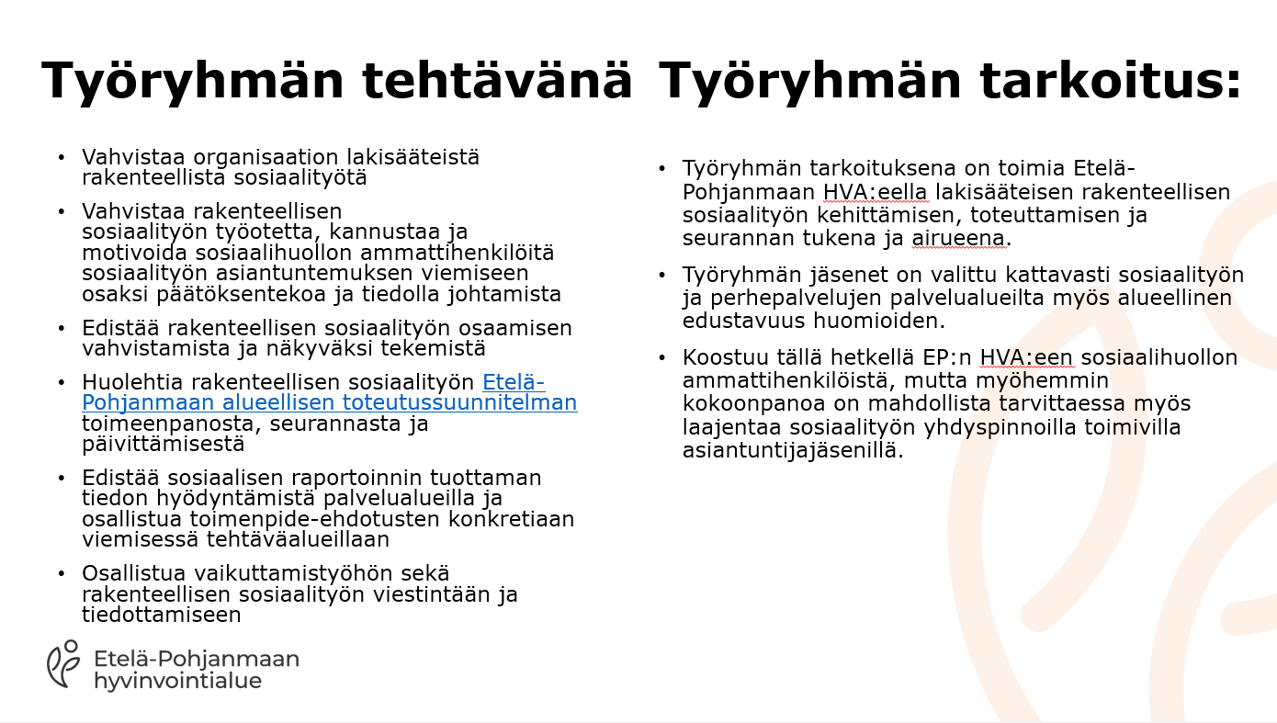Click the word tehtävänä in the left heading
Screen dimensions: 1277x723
[496, 80]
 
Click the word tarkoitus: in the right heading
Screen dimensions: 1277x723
[1111, 80]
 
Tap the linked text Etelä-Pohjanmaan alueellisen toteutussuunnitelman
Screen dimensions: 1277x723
[330, 392]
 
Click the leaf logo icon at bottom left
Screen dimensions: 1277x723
[63, 663]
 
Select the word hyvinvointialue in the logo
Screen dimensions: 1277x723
[178, 681]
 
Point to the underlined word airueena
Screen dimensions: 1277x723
[957, 238]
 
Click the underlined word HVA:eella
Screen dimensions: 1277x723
[876, 192]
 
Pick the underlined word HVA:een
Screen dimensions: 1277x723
[1026, 357]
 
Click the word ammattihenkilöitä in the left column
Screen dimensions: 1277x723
[458, 253]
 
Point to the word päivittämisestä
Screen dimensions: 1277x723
[163, 444]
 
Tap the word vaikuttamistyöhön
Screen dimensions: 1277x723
[322, 573]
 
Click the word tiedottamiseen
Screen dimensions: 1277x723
[162, 615]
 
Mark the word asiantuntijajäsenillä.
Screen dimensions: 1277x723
[793, 451]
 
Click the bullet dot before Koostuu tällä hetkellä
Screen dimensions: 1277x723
[661, 358]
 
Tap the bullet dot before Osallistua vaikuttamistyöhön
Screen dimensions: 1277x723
[62, 573]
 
